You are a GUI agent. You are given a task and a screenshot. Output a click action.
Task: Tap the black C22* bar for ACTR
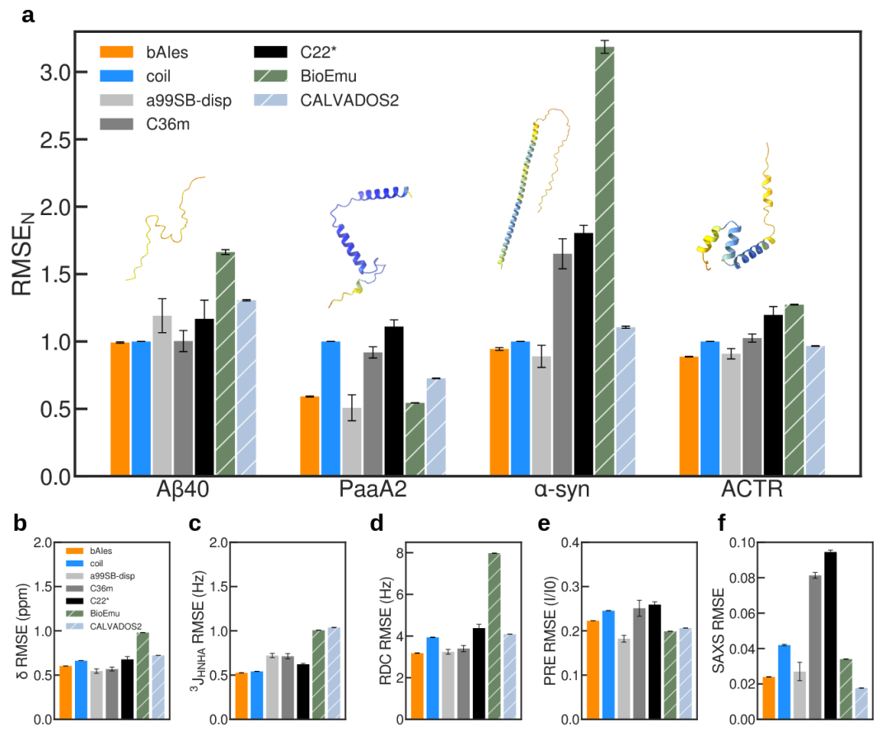coord(773,395)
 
